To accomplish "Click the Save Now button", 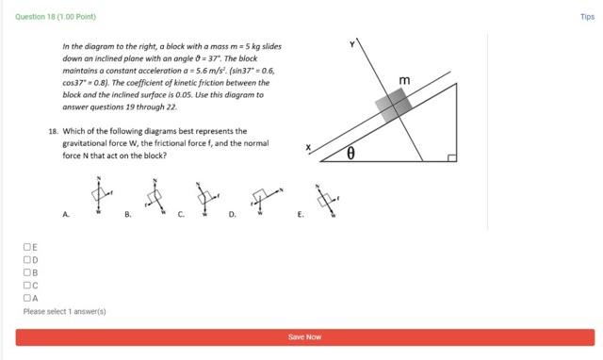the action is tap(304, 337).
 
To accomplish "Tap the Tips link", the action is tap(587, 17).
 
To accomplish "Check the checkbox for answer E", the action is tap(27, 247).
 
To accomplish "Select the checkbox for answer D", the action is tap(27, 259).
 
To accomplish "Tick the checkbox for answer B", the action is tap(27, 272).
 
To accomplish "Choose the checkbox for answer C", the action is tap(27, 285).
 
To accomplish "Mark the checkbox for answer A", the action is tap(27, 298).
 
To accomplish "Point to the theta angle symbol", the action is tap(350, 153).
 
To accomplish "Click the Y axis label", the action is tap(352, 44).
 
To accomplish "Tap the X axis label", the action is tap(307, 148).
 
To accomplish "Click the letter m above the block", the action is tap(405, 82).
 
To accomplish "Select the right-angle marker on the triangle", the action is tap(451, 156).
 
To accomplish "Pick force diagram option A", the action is tap(97, 194).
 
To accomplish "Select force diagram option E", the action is tap(325, 198).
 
